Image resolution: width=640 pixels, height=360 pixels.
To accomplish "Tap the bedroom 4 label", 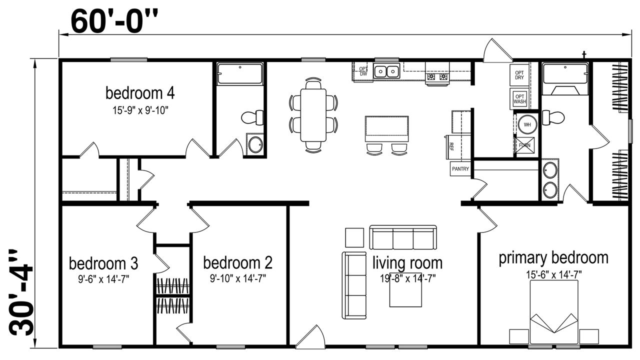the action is click(x=140, y=93).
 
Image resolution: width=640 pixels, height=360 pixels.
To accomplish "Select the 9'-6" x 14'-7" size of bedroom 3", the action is click(x=103, y=279).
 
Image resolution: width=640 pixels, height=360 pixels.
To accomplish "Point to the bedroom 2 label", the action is click(x=237, y=263).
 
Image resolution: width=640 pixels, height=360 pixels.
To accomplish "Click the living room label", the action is click(x=407, y=263).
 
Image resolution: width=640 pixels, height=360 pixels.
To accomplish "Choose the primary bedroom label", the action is click(x=553, y=258).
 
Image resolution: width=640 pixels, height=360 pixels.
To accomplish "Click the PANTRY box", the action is click(x=460, y=169).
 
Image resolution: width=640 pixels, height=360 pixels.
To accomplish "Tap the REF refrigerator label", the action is click(x=451, y=146).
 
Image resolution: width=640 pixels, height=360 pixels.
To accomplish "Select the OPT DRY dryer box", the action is click(x=519, y=75).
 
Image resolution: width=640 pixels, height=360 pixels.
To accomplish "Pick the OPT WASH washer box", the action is click(x=519, y=99).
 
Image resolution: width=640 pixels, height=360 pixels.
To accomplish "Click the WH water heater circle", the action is click(x=527, y=124).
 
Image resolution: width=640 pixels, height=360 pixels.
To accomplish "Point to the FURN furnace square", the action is click(x=524, y=145).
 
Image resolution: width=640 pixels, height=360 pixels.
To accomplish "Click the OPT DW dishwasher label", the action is click(x=363, y=71).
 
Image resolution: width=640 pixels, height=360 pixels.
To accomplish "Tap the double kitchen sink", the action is click(x=386, y=71).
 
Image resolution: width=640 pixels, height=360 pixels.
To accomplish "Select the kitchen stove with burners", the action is click(x=437, y=75).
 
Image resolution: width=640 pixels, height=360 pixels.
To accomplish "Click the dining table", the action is click(x=313, y=115).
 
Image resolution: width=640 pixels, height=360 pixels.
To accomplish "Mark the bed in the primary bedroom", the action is click(x=554, y=312).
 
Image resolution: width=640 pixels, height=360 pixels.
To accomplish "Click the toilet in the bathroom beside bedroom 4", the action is click(x=252, y=117).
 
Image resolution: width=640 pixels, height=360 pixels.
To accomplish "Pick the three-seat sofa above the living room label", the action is click(x=403, y=237).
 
